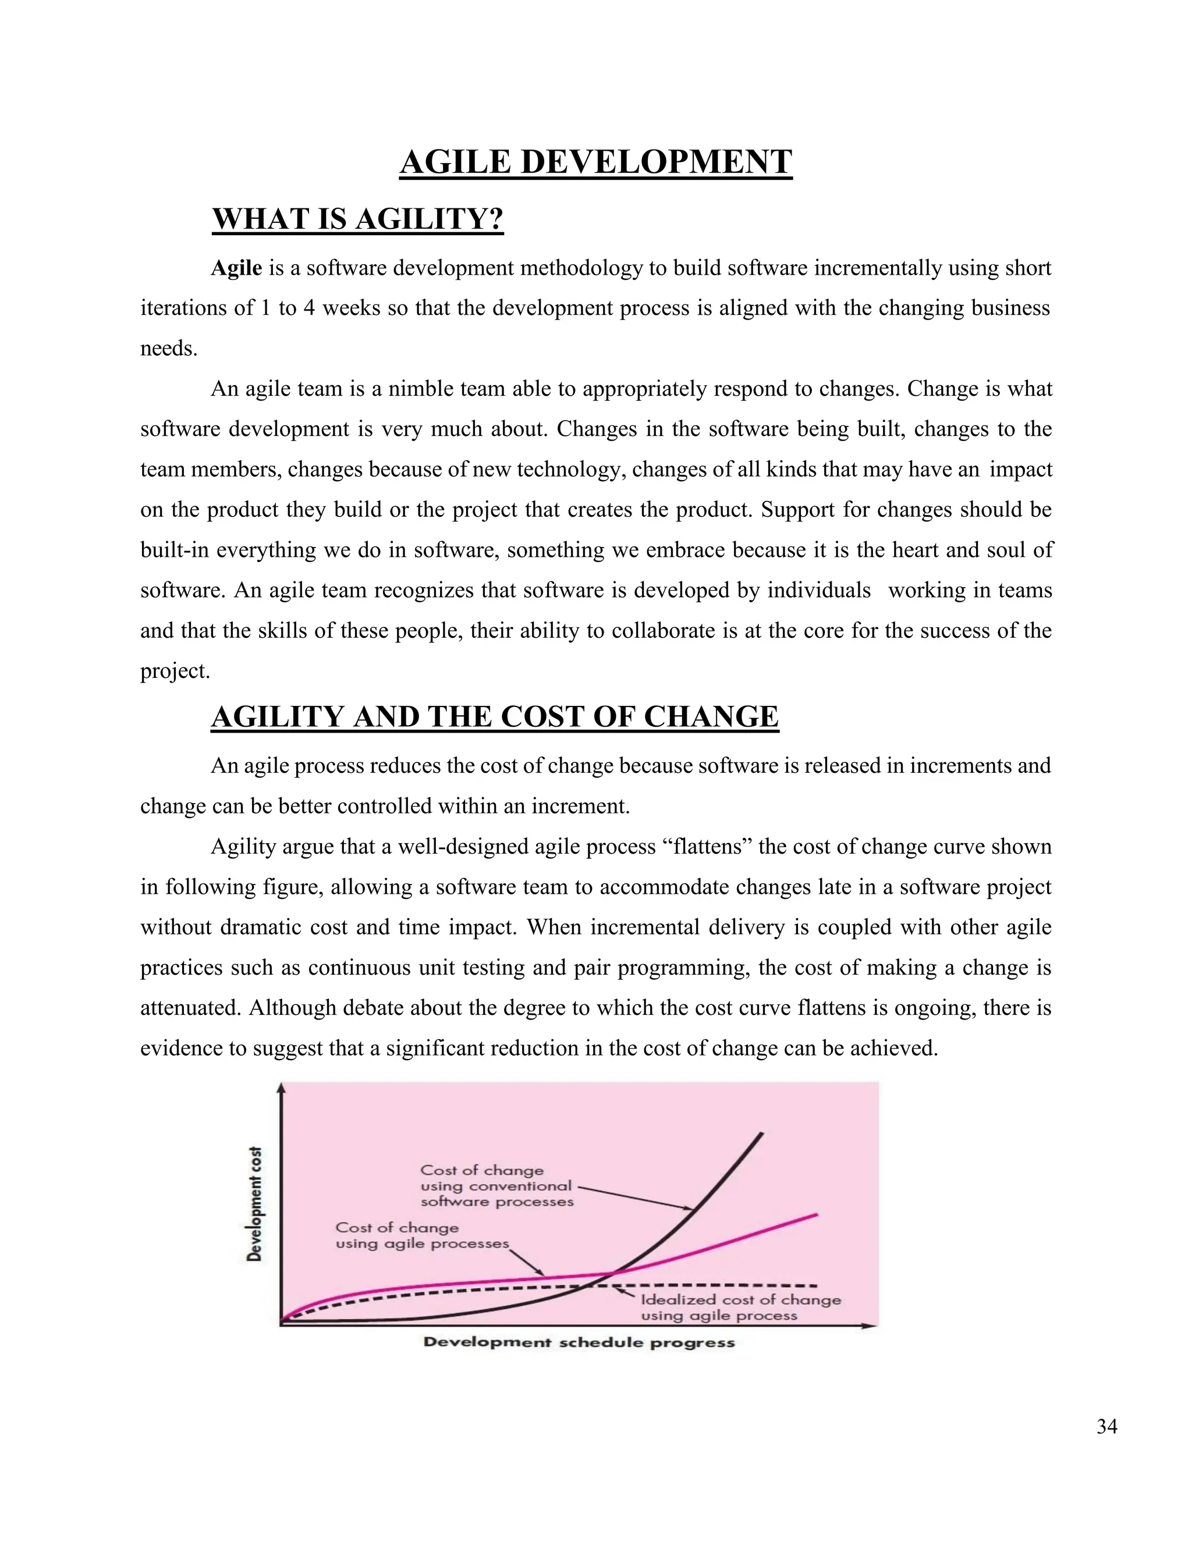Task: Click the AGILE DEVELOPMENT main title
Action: (595, 162)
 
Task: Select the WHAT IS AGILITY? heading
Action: (357, 219)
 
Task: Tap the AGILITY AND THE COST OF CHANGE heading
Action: (494, 717)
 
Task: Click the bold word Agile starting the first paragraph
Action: (236, 268)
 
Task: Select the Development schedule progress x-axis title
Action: (579, 1342)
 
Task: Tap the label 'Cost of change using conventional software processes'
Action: (496, 1186)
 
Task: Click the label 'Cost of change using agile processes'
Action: (421, 1235)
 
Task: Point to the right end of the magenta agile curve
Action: (817, 1214)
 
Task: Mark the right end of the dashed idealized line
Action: (817, 1284)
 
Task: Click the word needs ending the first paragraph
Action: (168, 349)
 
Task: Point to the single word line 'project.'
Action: (175, 671)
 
